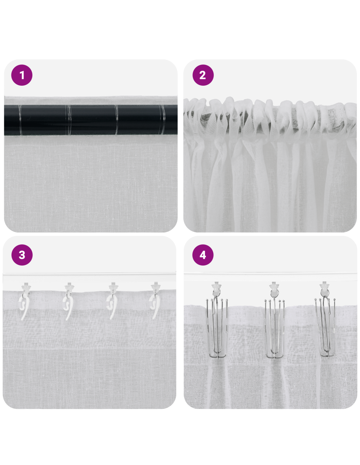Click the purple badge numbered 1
click(22, 75)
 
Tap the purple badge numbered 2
click(203, 75)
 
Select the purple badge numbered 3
click(22, 255)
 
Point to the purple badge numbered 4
click(203, 255)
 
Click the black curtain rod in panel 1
click(91, 120)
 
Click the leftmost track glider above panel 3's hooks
click(26, 286)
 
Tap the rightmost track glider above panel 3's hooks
click(155, 286)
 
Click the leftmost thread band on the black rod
click(20, 120)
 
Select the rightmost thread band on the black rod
click(162, 120)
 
